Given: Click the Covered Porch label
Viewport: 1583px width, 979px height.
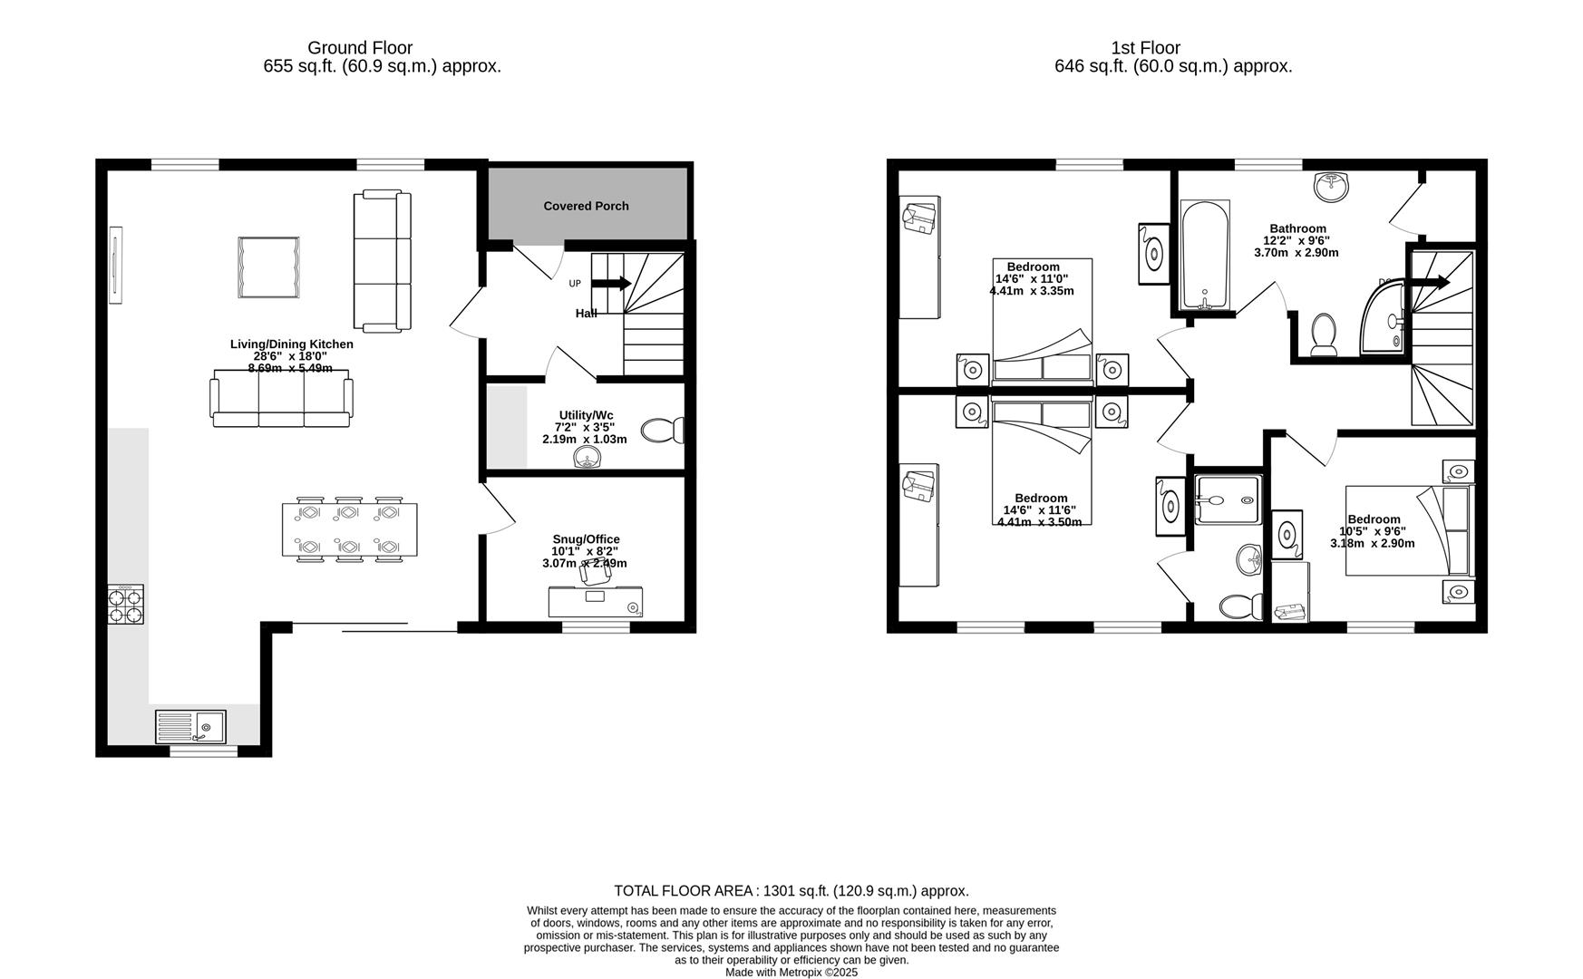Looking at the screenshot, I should [586, 206].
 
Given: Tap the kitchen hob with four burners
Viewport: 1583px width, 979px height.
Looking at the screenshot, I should [126, 605].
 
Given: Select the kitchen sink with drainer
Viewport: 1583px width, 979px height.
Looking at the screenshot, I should [190, 727].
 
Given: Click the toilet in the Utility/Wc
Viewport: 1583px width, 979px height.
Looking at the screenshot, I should [663, 430].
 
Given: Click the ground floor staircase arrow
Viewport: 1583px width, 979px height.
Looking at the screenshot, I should [612, 284].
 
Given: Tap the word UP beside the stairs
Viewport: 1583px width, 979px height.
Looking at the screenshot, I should [575, 284].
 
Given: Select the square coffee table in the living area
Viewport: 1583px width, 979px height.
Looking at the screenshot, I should [268, 267].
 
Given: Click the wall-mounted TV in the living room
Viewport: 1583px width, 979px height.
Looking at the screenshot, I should [115, 266].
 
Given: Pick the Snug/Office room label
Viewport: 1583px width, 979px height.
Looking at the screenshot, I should [586, 539].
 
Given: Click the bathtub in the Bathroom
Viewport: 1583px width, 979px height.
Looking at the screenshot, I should [1205, 257].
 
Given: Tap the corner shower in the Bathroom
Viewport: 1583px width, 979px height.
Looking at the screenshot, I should [1384, 318].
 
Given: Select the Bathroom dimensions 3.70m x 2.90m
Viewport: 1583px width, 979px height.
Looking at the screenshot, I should [1296, 253].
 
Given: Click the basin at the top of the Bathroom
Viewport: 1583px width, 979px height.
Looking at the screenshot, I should [1330, 187].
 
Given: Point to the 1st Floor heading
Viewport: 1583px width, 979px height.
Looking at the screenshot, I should [1145, 48].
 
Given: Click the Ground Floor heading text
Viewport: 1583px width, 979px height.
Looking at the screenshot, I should [360, 48].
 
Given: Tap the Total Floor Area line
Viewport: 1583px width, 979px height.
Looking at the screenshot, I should [791, 891].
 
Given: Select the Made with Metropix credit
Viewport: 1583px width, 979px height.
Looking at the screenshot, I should [791, 972].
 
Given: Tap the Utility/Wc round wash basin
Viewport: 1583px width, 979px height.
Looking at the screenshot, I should [588, 460].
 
